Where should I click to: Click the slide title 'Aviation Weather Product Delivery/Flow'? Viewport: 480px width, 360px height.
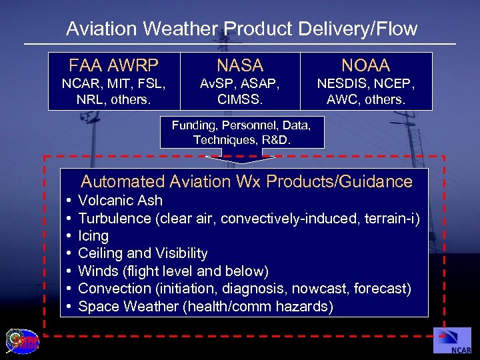coord(241,29)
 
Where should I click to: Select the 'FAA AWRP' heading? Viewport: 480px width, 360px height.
coord(114,65)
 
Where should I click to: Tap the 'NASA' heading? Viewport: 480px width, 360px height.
coord(240,65)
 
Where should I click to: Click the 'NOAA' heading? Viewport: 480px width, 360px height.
coord(365,65)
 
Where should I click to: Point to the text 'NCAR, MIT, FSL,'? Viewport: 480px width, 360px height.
coord(114,85)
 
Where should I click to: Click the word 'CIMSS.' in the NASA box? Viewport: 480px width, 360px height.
coord(240,99)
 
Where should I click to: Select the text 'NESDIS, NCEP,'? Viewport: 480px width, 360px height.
coord(365,85)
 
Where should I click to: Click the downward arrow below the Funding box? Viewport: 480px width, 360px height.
coord(242,158)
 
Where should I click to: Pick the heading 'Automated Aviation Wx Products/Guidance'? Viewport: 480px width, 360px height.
coord(247,181)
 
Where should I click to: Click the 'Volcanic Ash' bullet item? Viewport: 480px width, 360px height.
coord(120,201)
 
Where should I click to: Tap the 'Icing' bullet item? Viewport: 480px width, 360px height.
coord(93,236)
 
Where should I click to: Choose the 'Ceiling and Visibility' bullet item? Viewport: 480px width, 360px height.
coord(143,253)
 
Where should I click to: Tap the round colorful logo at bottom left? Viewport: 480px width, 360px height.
coord(22,341)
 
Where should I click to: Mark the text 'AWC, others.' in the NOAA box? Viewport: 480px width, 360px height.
coord(365,99)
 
